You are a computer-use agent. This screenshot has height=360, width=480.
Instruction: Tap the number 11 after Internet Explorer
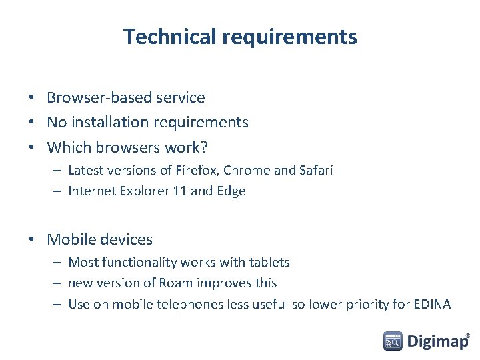(179, 191)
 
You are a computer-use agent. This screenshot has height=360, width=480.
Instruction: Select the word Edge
(231, 191)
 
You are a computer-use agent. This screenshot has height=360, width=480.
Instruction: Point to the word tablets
(269, 263)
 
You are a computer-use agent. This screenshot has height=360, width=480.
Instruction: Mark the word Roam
(176, 283)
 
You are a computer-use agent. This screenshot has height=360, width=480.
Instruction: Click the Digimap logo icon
(393, 341)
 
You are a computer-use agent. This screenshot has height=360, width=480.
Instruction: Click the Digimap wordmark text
(437, 342)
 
